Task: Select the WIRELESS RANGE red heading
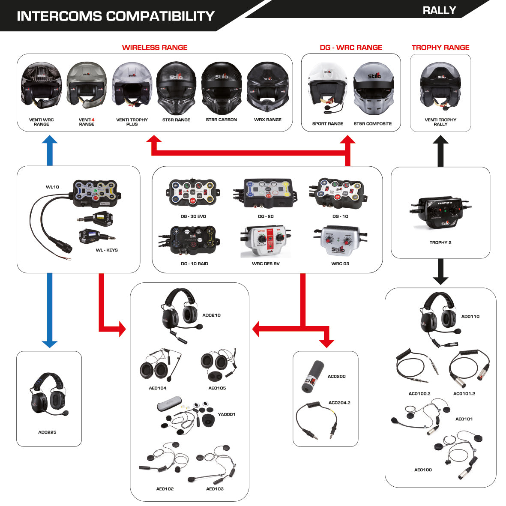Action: point(155,48)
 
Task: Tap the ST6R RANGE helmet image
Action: point(176,87)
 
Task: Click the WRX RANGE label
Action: point(267,120)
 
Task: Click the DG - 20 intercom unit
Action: point(265,193)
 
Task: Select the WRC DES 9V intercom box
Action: point(266,242)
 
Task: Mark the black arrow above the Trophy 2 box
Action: point(440,151)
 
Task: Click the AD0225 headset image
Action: point(48,396)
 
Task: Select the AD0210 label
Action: point(211,315)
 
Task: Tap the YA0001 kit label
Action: point(226,414)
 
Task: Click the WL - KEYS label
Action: point(107,250)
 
